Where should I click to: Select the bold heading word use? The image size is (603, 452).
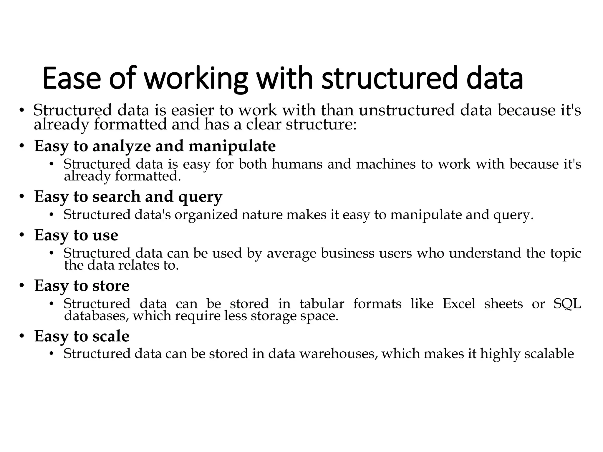coord(105,235)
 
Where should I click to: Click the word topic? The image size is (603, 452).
coord(566,253)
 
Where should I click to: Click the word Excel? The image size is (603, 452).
coord(459,304)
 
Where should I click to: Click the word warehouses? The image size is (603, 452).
coord(339,354)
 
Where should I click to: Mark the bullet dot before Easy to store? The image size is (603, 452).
coord(22,286)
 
